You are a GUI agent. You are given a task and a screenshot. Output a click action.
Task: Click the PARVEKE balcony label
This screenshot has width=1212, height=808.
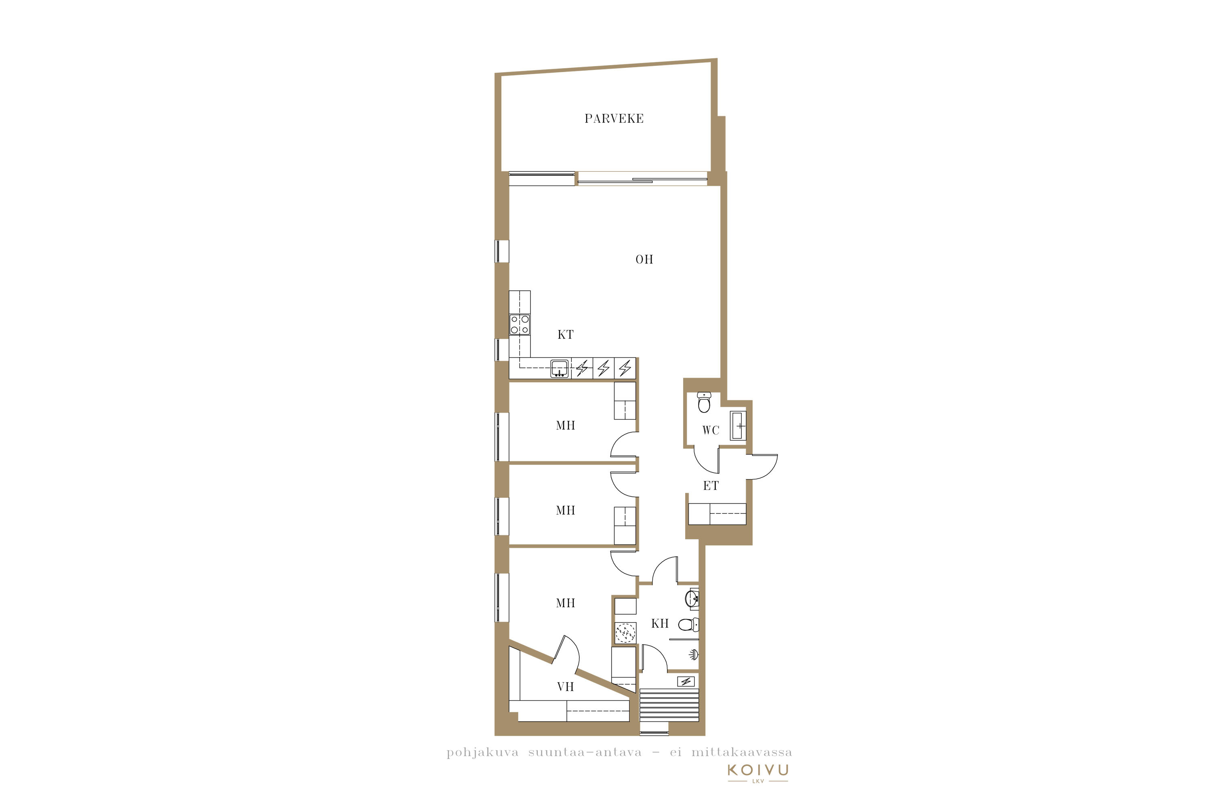pos(614,118)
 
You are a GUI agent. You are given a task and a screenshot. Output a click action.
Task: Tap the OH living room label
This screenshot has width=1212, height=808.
pos(644,259)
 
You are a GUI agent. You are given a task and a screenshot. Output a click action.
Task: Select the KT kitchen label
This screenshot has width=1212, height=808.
pos(565,335)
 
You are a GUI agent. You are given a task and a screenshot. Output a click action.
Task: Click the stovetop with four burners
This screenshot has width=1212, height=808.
pos(520,325)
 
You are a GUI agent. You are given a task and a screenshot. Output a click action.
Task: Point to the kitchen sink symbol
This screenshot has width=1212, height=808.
pos(560,368)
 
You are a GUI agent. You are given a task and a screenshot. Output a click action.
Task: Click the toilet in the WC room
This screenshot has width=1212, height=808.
pos(704,402)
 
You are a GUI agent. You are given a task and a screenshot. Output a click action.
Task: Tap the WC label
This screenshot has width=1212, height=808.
pos(711,430)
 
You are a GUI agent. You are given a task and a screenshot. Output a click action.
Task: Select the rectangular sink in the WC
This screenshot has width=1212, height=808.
pos(738,426)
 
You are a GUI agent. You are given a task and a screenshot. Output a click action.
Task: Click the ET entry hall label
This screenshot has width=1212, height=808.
pos(711,486)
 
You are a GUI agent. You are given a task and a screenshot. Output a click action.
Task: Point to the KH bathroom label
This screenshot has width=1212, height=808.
pos(660,623)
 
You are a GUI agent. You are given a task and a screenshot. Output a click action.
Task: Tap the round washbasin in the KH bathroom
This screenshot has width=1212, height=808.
pos(692,598)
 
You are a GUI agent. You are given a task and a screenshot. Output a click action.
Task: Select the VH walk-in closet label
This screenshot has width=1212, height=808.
pos(565,686)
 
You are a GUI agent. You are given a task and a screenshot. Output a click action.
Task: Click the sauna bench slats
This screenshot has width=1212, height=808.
pos(669,705)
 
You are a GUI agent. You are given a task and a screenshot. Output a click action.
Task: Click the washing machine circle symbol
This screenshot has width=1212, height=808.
pos(625,633)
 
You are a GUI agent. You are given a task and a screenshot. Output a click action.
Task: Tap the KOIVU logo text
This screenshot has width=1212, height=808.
pos(757,770)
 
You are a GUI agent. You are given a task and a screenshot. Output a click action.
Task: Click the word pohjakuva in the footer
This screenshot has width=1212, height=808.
pos(482,753)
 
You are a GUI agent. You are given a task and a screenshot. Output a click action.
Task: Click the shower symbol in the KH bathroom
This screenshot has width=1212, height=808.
pos(694,655)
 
